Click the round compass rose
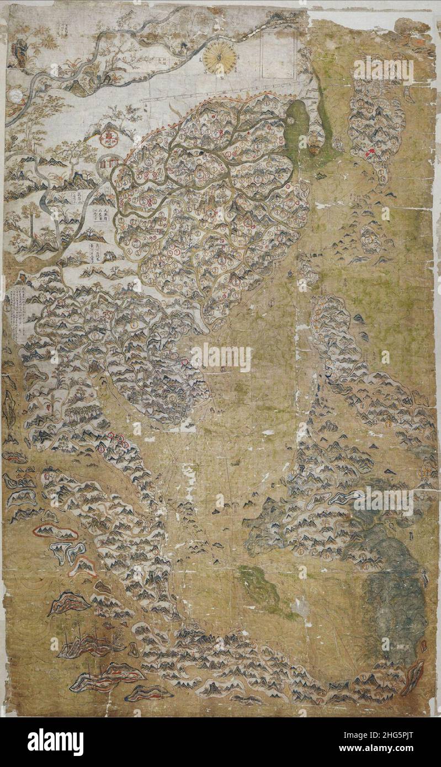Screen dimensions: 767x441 click(x=219, y=59)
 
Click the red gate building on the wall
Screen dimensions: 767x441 click(x=109, y=163)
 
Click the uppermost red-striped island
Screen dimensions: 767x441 click(x=55, y=532)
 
